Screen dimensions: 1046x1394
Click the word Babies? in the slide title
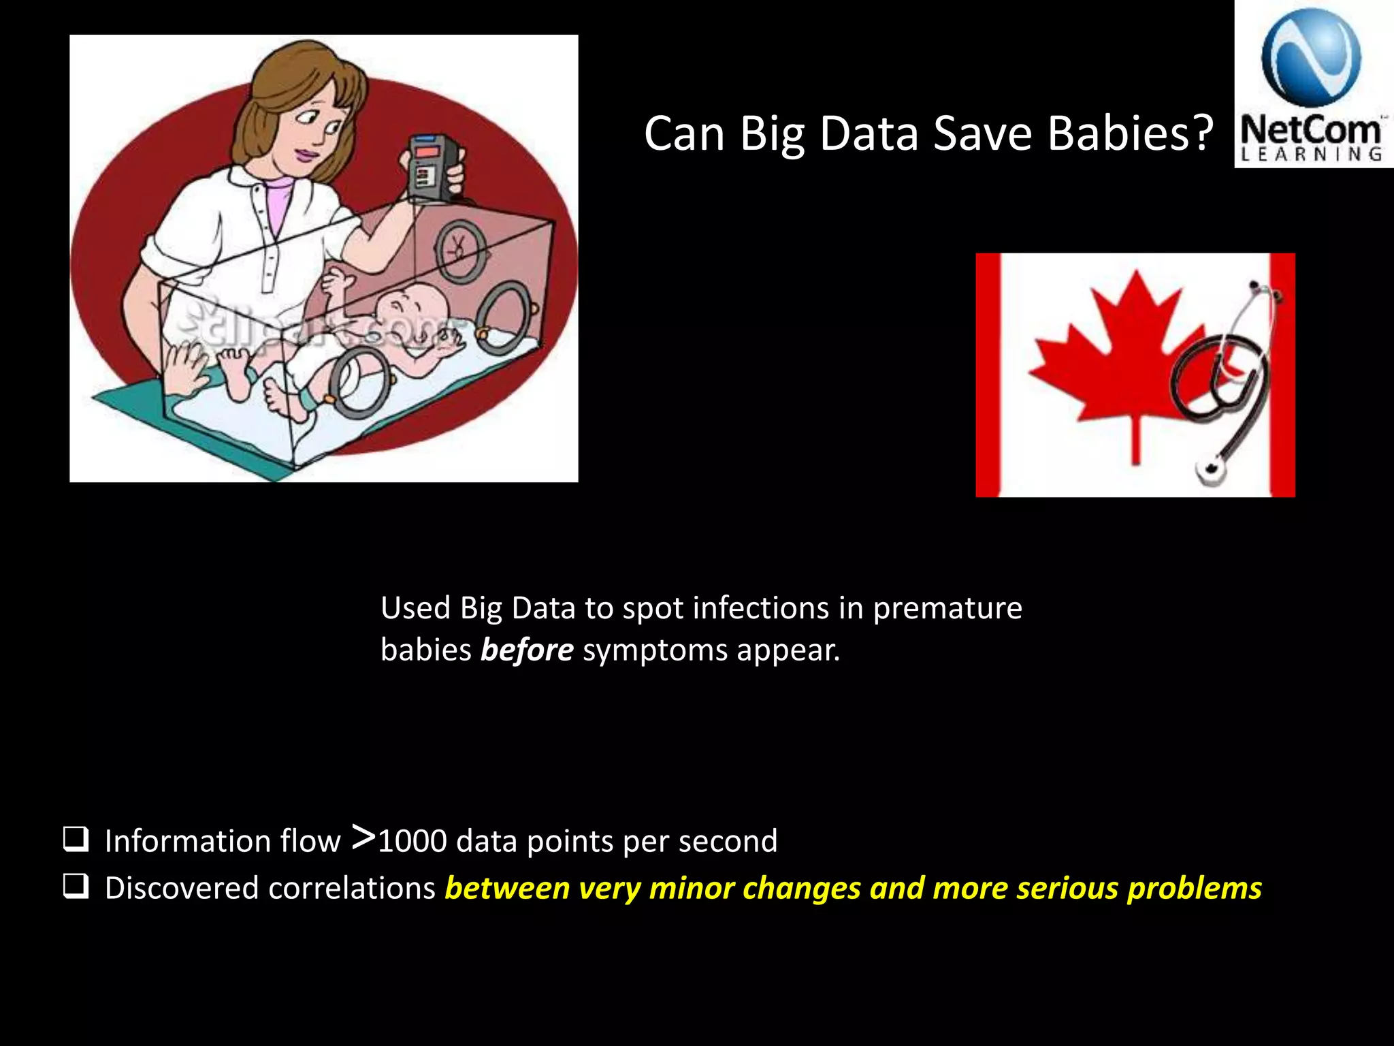tap(1130, 133)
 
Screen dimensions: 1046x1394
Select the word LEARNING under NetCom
tap(1312, 155)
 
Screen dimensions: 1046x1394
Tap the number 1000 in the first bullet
tap(412, 842)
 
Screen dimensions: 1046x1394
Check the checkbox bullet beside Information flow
tap(75, 840)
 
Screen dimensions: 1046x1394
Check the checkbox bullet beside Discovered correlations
tap(75, 887)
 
